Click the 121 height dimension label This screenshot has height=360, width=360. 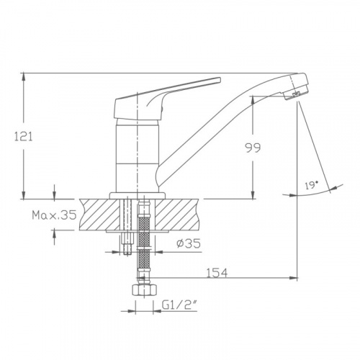(24, 137)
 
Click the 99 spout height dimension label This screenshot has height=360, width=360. (253, 148)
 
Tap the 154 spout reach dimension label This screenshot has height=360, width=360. (217, 273)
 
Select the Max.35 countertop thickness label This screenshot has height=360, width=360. (54, 215)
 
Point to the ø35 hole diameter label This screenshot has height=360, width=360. (189, 243)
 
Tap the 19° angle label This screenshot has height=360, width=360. (312, 185)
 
